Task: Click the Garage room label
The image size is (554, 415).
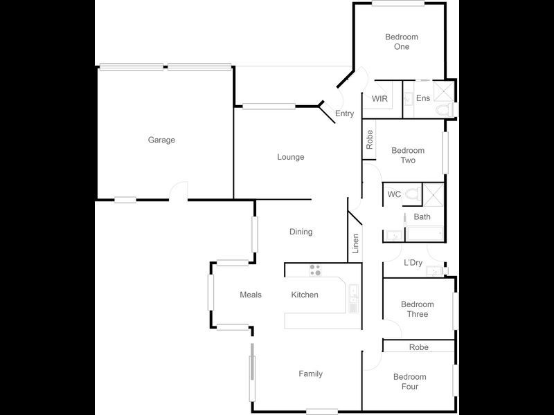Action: [x=161, y=140]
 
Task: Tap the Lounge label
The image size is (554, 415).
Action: [x=291, y=157]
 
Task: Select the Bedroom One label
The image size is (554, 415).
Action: [x=402, y=41]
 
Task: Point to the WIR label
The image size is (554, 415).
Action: [x=379, y=99]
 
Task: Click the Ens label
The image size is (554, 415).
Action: [x=423, y=98]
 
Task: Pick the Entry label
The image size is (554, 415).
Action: [x=344, y=114]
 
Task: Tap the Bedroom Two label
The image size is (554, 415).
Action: [x=408, y=156]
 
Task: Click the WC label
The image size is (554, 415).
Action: [x=394, y=194]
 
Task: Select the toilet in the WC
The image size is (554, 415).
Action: [x=413, y=194]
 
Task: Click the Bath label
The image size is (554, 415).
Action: [x=422, y=217]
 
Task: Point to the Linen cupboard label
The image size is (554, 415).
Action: [x=355, y=244]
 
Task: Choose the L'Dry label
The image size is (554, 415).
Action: [x=413, y=263]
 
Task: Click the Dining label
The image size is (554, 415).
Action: [x=301, y=232]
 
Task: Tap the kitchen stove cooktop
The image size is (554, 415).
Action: [x=316, y=270]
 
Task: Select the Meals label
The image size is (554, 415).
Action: [x=251, y=295]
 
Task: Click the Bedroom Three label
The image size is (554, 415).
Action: [x=418, y=309]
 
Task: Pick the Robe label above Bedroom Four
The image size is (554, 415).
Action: [x=418, y=347]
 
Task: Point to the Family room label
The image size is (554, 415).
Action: [x=311, y=374]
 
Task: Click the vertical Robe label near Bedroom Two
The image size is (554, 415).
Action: [x=370, y=140]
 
